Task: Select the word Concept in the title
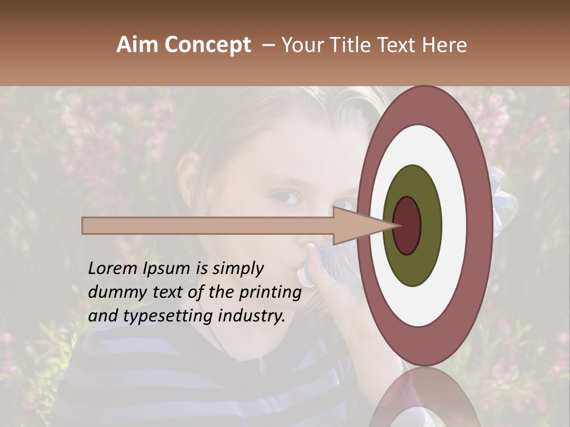[207, 45]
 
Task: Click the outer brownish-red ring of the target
[480, 225]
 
